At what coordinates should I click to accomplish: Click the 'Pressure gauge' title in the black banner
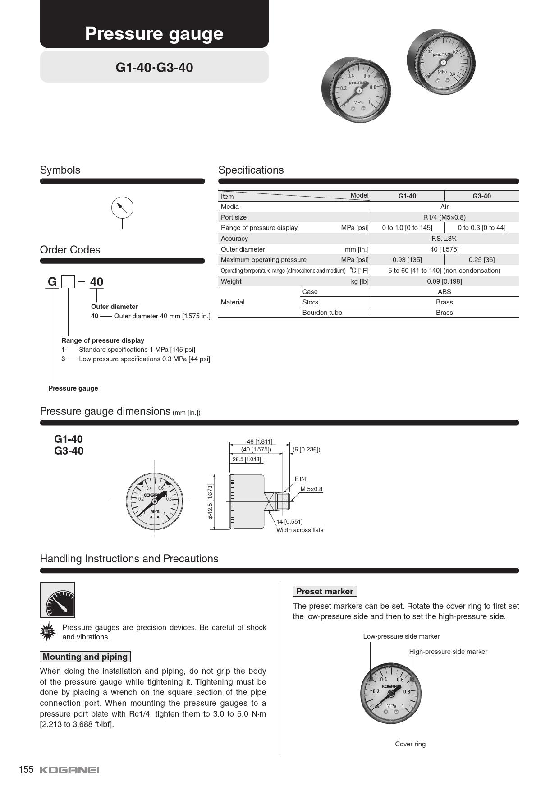point(154,34)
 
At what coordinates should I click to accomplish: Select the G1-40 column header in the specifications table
point(407,196)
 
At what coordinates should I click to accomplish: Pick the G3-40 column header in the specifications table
point(481,196)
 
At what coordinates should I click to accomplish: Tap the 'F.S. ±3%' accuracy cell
point(444,239)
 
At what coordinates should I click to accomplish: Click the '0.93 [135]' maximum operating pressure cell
point(407,260)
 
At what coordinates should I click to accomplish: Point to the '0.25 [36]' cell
point(481,260)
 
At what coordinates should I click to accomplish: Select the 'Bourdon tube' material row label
point(322,313)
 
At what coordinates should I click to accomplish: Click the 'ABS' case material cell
point(444,292)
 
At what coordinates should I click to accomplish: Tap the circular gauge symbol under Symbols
point(122,207)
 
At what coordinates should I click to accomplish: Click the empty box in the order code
point(68,282)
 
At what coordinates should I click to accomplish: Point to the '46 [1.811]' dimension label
point(259,441)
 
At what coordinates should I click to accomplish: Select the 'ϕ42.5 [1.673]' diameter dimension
point(210,501)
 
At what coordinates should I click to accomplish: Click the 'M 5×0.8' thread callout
point(311,489)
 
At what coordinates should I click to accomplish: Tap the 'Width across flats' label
point(300,530)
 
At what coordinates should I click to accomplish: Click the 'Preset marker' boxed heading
point(325,591)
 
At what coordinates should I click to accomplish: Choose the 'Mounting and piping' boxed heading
point(85,657)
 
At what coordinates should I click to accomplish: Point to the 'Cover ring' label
point(410,744)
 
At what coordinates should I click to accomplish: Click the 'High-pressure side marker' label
point(448,652)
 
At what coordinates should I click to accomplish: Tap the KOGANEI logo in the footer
point(69,770)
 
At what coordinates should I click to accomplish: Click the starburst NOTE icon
point(48,632)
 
